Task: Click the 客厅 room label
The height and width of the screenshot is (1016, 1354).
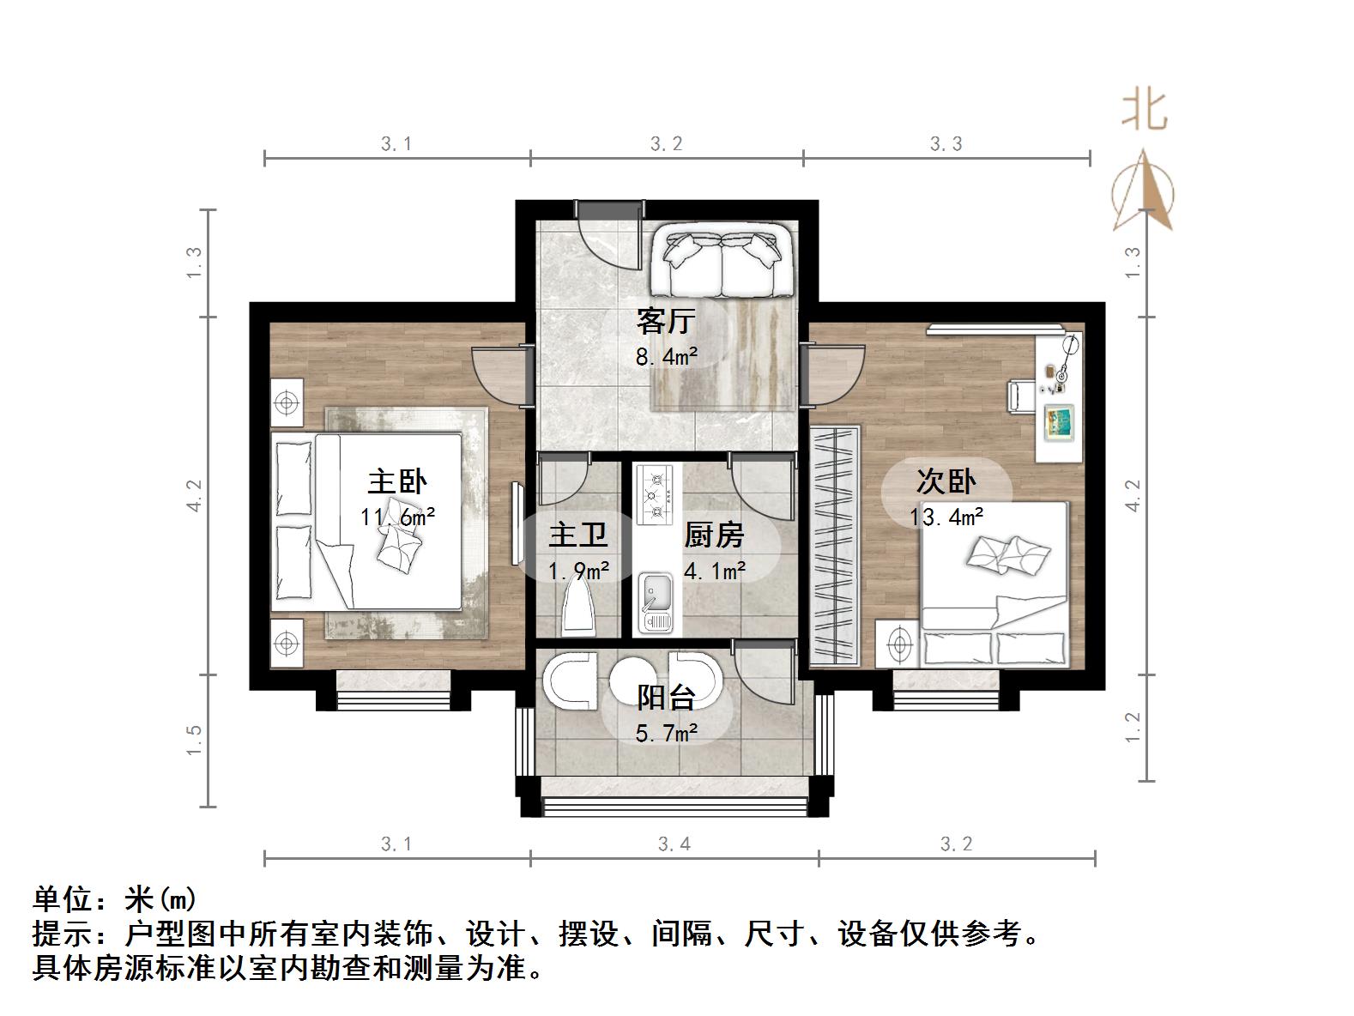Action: tap(665, 322)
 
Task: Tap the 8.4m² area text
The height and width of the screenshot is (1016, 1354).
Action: tap(666, 355)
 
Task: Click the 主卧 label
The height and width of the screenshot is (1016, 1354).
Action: tap(397, 481)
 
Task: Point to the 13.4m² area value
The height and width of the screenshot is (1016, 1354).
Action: tap(946, 517)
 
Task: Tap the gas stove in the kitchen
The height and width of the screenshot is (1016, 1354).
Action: tap(656, 495)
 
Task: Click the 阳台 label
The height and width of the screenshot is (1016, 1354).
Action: tap(665, 697)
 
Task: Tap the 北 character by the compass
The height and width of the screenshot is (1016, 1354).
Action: tap(1144, 111)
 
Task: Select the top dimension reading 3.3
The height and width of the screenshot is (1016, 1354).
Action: tap(946, 144)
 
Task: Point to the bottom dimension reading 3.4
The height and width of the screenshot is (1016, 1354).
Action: tap(674, 844)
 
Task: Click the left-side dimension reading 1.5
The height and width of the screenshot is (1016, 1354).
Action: tap(194, 740)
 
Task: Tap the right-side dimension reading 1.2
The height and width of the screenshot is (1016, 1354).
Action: tap(1133, 728)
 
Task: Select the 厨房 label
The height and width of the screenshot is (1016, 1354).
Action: tap(714, 535)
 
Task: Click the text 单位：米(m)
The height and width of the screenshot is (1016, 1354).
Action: tap(115, 899)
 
